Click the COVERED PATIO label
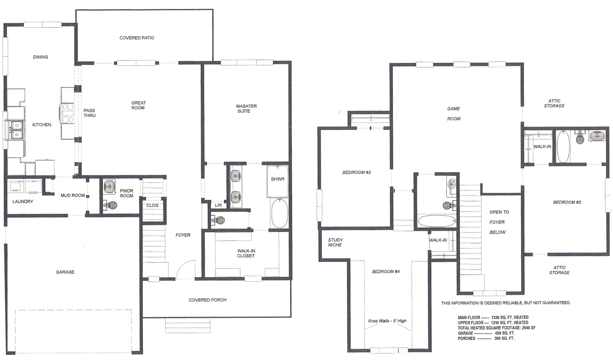pyautogui.click(x=137, y=38)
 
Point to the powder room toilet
pyautogui.click(x=110, y=205)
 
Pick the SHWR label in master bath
pyautogui.click(x=277, y=179)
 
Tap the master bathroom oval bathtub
pyautogui.click(x=279, y=213)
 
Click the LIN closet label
pyautogui.click(x=218, y=205)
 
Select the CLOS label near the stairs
pyautogui.click(x=152, y=205)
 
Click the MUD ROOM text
pyautogui.click(x=73, y=195)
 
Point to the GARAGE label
pyautogui.click(x=65, y=272)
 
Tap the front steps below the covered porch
pyautogui.click(x=188, y=325)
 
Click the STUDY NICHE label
pyautogui.click(x=335, y=242)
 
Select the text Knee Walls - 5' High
pyautogui.click(x=387, y=321)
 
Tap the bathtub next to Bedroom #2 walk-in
pyautogui.click(x=563, y=147)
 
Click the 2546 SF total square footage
pyautogui.click(x=528, y=328)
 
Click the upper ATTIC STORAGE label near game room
pyautogui.click(x=554, y=103)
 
